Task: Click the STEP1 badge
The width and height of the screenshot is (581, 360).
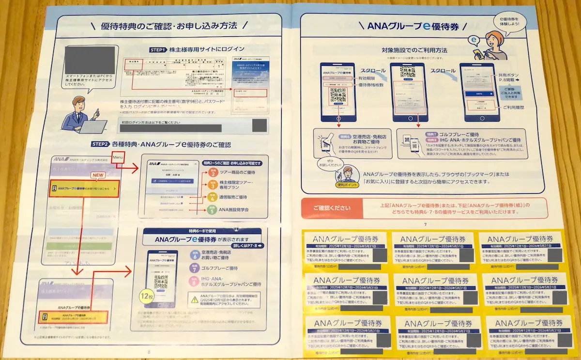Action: click(x=158, y=49)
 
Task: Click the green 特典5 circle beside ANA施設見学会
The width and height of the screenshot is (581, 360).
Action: click(x=212, y=210)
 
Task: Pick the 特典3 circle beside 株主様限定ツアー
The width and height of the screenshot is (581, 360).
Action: click(x=212, y=184)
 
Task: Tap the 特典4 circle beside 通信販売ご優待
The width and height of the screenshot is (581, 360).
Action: click(x=212, y=197)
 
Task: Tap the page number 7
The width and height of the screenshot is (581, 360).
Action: click(x=425, y=224)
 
